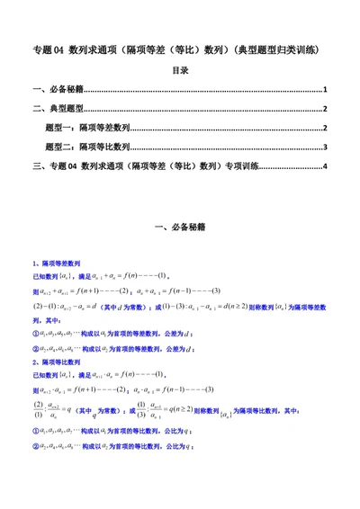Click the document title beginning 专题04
179,49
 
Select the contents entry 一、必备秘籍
58,91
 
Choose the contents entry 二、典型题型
58,109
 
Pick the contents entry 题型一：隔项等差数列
88,128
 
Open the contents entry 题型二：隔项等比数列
88,147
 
